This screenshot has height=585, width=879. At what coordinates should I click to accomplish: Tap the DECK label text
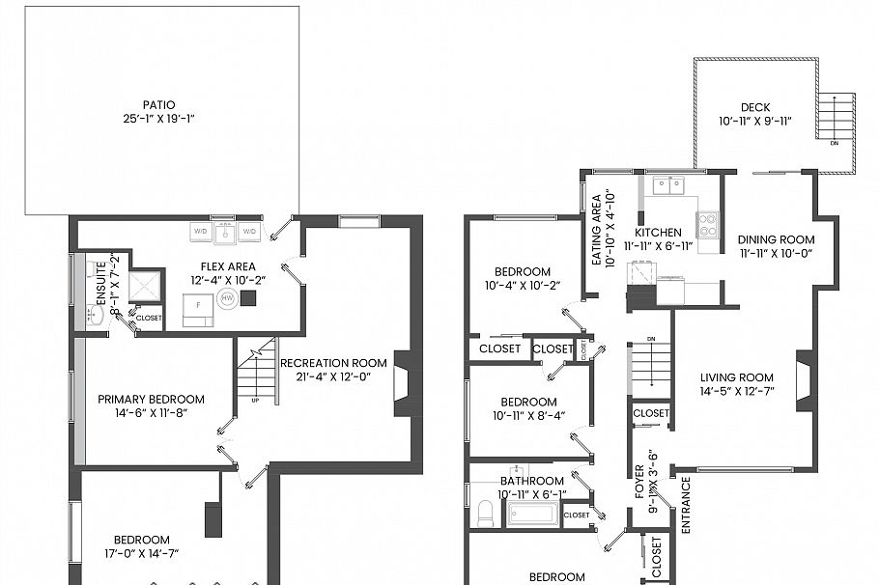tap(754, 107)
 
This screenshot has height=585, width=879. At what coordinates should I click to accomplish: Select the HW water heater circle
tap(228, 299)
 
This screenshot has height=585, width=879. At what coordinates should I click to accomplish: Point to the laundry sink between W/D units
tap(225, 232)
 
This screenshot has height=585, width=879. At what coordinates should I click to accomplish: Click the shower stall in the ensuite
tap(147, 286)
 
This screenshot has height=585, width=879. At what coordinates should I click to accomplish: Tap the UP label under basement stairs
tap(255, 400)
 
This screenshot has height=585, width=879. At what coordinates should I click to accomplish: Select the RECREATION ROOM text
tap(333, 363)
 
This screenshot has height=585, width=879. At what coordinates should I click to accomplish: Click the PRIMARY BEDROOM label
tap(151, 399)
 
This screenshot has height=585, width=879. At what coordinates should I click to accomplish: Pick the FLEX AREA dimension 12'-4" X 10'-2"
tap(233, 280)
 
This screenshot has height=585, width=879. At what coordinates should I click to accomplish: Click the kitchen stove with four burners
tap(708, 225)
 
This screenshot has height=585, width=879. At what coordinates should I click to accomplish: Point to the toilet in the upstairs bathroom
tap(485, 514)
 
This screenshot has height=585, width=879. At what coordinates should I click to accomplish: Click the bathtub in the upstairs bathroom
tap(531, 513)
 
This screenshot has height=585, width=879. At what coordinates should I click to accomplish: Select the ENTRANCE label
tap(686, 505)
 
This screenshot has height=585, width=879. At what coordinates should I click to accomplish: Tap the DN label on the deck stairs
tap(834, 143)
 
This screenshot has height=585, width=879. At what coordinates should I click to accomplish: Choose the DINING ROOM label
tap(776, 239)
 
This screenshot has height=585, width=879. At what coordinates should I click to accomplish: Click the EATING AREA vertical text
tap(596, 231)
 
